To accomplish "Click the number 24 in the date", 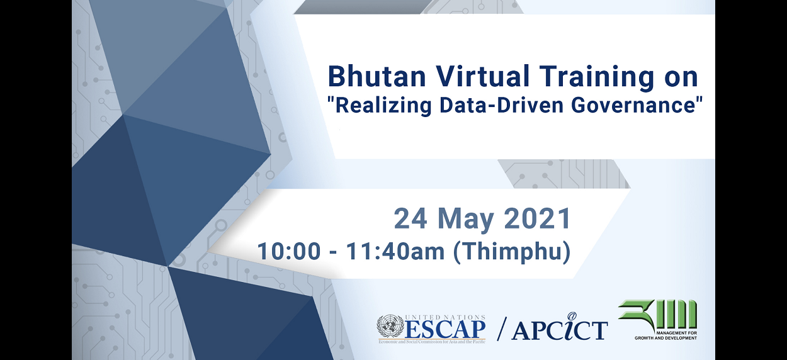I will [x=409, y=219].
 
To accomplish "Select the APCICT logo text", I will [x=559, y=329].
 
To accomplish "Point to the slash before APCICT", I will [x=502, y=329].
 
